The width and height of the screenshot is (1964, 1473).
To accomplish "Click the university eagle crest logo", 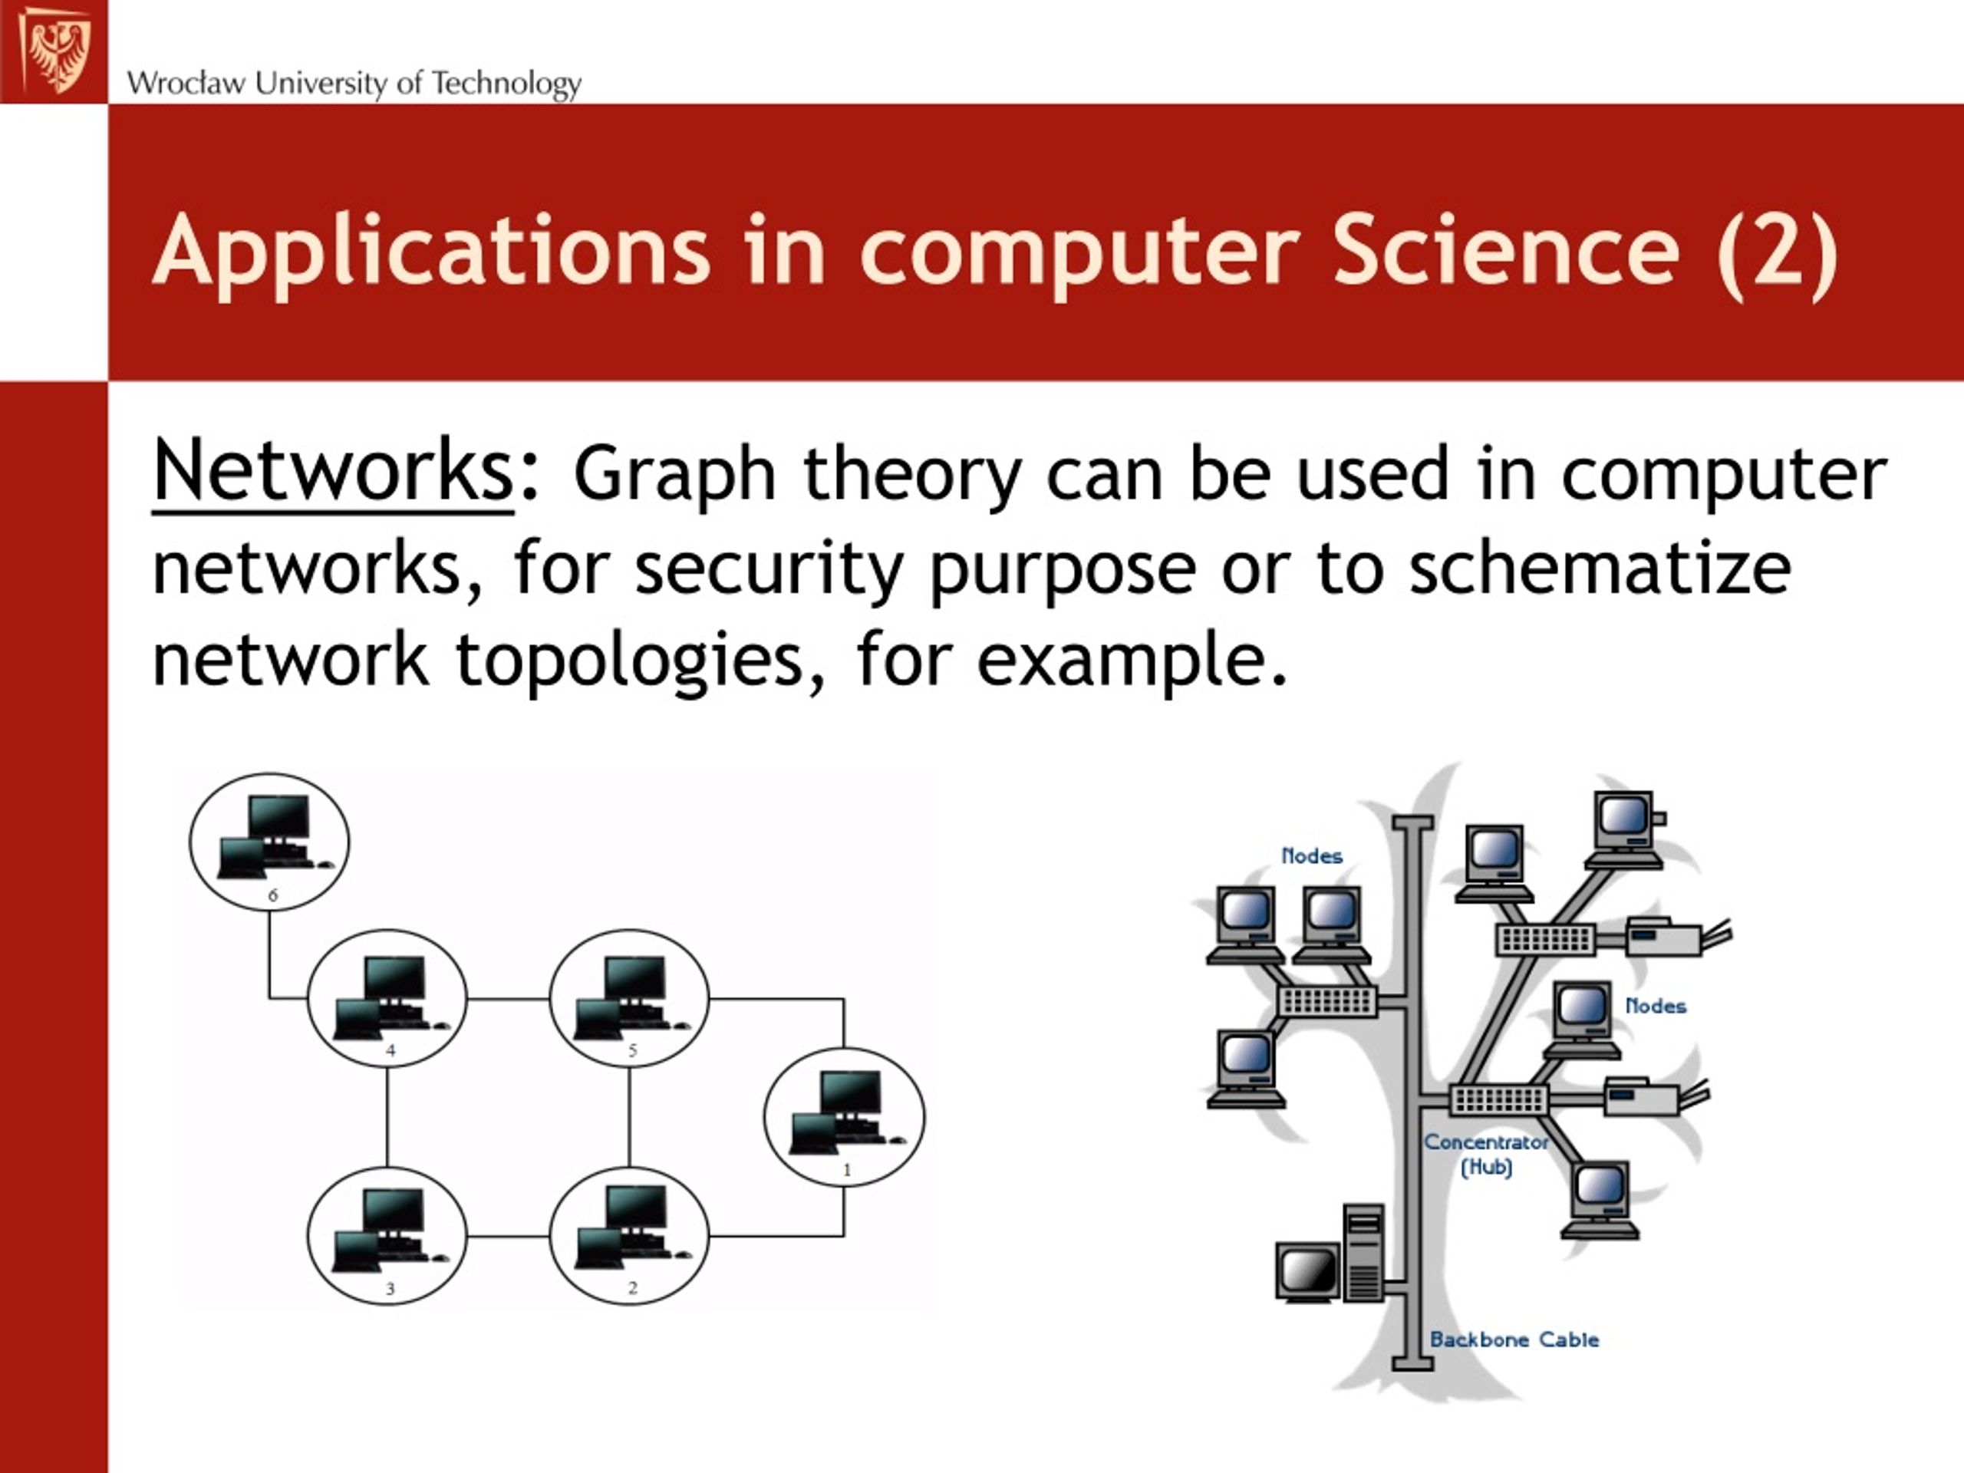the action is click(x=55, y=49).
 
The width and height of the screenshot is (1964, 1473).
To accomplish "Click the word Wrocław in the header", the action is click(x=186, y=84).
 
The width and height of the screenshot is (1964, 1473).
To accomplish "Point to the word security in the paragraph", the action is click(x=769, y=571).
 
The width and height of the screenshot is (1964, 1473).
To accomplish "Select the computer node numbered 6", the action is click(x=270, y=841).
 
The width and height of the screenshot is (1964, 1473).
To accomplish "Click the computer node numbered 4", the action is click(x=387, y=997).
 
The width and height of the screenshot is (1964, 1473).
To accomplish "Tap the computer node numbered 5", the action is click(x=630, y=997).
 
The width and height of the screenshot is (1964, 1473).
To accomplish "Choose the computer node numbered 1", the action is click(x=845, y=1116).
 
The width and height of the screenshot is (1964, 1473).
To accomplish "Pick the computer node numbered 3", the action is click(x=387, y=1235).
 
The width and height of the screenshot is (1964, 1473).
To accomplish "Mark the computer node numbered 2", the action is click(x=630, y=1235).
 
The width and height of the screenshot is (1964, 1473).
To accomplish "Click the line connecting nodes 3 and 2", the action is click(x=509, y=1236).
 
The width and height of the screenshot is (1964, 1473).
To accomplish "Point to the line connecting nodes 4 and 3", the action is click(x=387, y=1117).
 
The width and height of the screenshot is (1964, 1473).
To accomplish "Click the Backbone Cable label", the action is click(x=1514, y=1340).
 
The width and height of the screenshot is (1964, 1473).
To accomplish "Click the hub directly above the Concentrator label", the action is click(x=1500, y=1100).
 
